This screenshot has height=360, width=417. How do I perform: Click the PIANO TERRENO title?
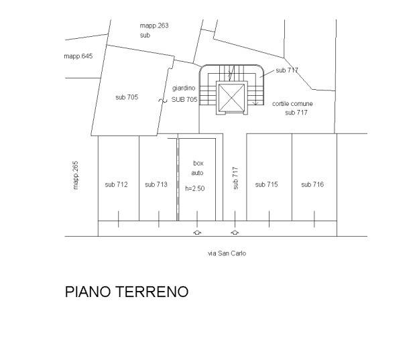(x=127, y=292)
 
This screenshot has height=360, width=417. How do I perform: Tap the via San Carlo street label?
(x=227, y=253)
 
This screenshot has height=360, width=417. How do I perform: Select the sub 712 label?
(x=116, y=184)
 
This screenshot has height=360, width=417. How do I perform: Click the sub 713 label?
(x=156, y=184)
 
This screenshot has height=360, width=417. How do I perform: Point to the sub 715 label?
(x=266, y=184)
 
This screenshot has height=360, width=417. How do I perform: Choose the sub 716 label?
(x=312, y=184)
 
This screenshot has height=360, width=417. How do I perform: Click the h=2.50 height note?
(x=195, y=188)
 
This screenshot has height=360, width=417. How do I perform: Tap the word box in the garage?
(x=198, y=164)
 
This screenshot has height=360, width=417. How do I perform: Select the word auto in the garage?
(x=197, y=173)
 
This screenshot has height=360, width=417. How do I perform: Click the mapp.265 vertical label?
(x=76, y=175)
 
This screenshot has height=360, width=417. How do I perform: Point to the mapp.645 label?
(x=78, y=56)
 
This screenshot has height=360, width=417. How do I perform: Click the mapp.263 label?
(x=154, y=25)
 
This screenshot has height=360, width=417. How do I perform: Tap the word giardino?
(x=184, y=88)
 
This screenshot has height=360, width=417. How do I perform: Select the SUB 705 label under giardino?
(x=184, y=100)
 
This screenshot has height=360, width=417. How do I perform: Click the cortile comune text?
(x=292, y=104)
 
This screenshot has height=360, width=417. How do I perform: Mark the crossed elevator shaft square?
(x=232, y=97)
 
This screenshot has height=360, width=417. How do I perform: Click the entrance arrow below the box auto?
(x=197, y=233)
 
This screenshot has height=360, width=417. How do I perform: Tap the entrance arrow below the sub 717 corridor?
(x=235, y=233)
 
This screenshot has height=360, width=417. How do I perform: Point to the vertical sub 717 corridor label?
(x=235, y=178)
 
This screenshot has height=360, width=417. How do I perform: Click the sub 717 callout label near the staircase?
(x=287, y=70)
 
